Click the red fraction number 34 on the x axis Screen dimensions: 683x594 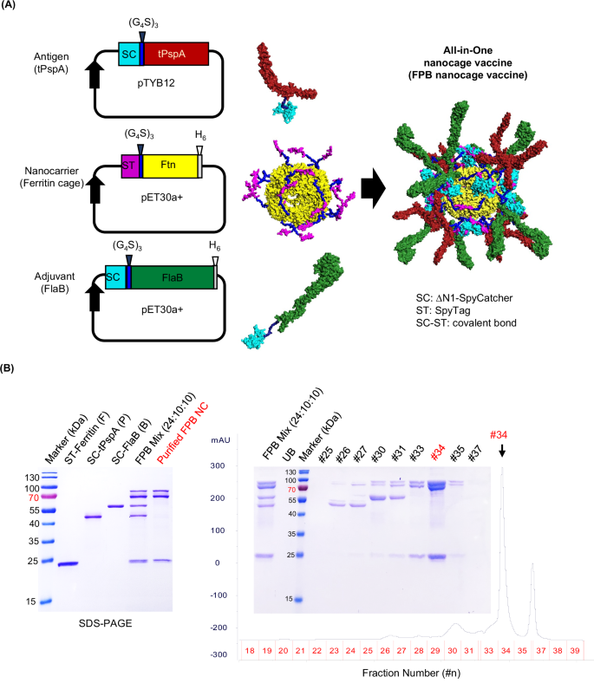pyautogui.click(x=503, y=648)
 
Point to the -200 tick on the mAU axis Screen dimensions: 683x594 pyautogui.click(x=228, y=628)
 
